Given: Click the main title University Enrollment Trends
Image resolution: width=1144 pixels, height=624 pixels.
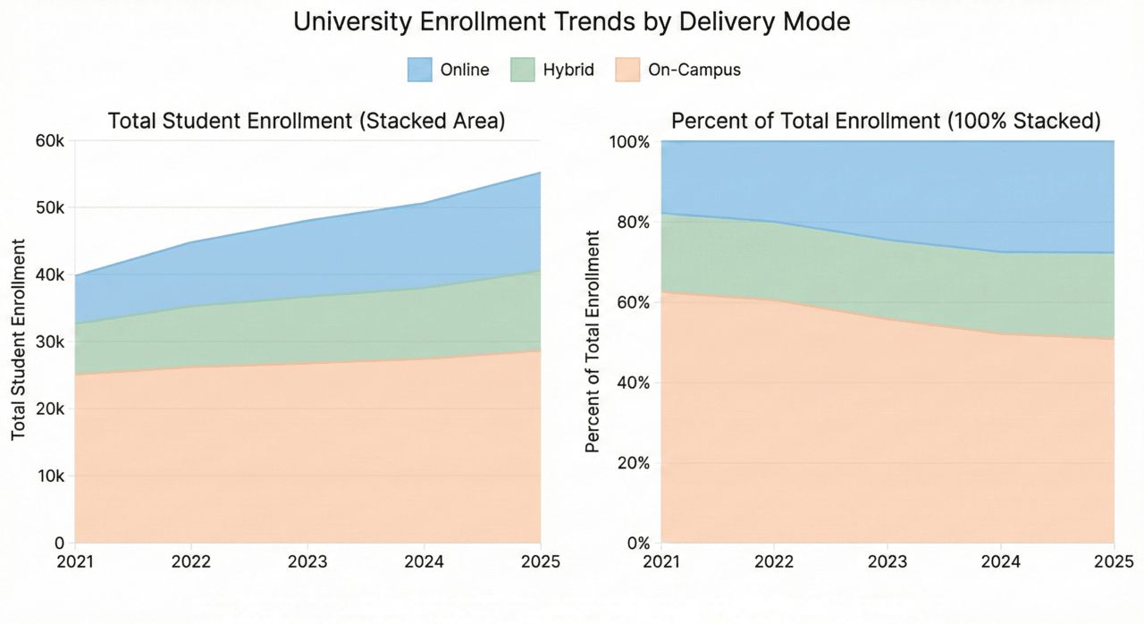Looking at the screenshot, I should tap(572, 22).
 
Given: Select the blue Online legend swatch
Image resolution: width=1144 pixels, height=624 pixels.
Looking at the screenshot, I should tap(420, 70).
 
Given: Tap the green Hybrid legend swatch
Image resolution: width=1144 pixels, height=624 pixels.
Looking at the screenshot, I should tap(522, 70).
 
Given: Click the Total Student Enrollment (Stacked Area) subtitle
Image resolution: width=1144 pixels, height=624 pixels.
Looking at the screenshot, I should tap(307, 122).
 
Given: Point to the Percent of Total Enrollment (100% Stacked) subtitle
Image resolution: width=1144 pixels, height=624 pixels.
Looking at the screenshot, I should tap(886, 122).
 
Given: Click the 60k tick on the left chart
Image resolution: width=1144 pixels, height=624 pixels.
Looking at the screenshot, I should tap(49, 141).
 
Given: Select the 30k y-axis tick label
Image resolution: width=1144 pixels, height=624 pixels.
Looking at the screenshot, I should tap(49, 342).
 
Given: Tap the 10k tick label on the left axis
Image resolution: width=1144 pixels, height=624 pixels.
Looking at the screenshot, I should tap(49, 476).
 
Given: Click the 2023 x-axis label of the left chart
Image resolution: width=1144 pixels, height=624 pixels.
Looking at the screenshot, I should tap(307, 562).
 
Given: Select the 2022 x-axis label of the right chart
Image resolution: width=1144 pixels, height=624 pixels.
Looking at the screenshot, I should tap(775, 562).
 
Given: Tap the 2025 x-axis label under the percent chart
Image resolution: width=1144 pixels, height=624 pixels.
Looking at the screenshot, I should tap(1114, 562).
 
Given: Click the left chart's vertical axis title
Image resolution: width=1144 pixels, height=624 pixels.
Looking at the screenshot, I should tap(19, 340).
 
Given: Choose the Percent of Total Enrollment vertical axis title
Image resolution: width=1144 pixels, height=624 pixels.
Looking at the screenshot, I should tap(592, 342).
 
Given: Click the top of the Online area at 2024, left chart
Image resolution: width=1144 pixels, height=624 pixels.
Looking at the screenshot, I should tap(424, 204).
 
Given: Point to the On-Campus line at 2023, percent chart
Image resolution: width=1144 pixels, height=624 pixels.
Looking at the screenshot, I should tap(887, 320).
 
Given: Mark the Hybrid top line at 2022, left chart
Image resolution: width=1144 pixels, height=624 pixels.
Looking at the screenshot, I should tap(191, 307).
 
